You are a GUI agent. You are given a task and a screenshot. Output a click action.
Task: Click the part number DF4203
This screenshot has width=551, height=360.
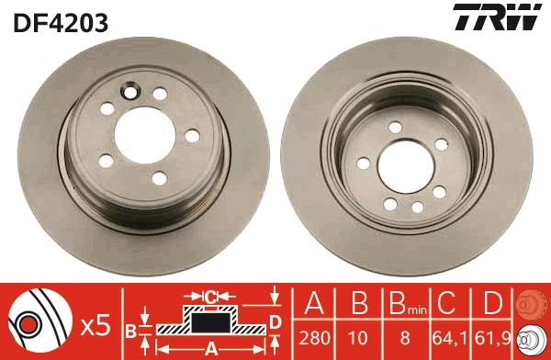62,21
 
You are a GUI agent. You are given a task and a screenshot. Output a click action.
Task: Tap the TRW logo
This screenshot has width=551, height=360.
493,19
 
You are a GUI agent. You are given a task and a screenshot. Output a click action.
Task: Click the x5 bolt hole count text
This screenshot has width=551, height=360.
96,324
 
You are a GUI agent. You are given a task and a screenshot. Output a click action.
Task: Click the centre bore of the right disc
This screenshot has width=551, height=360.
405,165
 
